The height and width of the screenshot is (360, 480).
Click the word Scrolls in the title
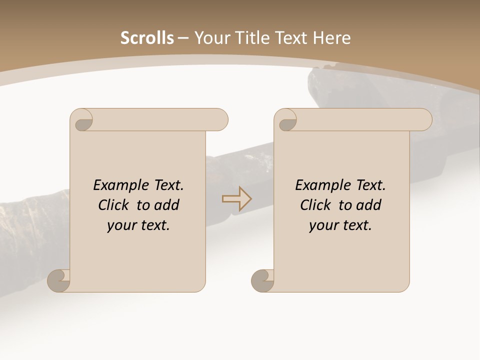[147, 38]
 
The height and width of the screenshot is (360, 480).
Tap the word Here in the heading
[332, 38]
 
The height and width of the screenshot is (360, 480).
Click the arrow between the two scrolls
[236, 199]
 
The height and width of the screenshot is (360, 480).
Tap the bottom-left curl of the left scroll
[58, 281]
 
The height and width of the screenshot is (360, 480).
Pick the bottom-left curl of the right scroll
[262, 281]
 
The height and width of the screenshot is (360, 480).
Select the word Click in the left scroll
[114, 205]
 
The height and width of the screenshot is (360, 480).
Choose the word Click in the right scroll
[315, 205]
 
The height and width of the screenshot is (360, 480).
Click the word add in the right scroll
[369, 205]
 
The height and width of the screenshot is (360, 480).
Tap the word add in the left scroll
[167, 205]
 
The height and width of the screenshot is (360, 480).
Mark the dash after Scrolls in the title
[183, 38]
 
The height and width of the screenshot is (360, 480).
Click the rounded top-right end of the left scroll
[220, 119]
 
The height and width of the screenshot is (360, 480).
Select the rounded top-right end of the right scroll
[424, 119]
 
